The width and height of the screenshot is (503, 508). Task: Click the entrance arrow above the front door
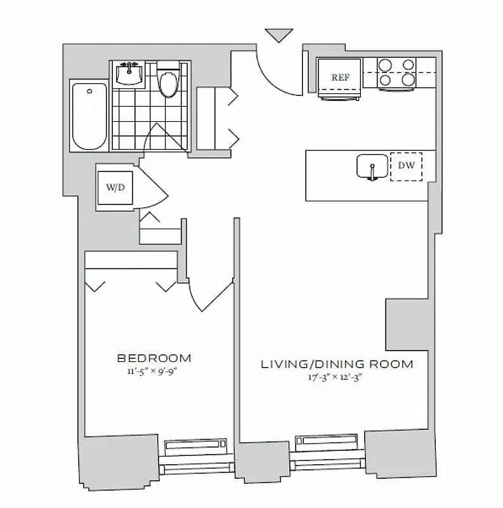click(x=280, y=35)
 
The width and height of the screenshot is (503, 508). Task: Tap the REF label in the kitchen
click(x=339, y=77)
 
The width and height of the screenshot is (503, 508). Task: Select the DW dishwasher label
click(x=406, y=166)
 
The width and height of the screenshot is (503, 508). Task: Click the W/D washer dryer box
click(x=115, y=188)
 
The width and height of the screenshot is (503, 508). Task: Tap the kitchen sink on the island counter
click(x=372, y=167)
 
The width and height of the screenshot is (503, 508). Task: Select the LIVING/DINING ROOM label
click(x=337, y=364)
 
